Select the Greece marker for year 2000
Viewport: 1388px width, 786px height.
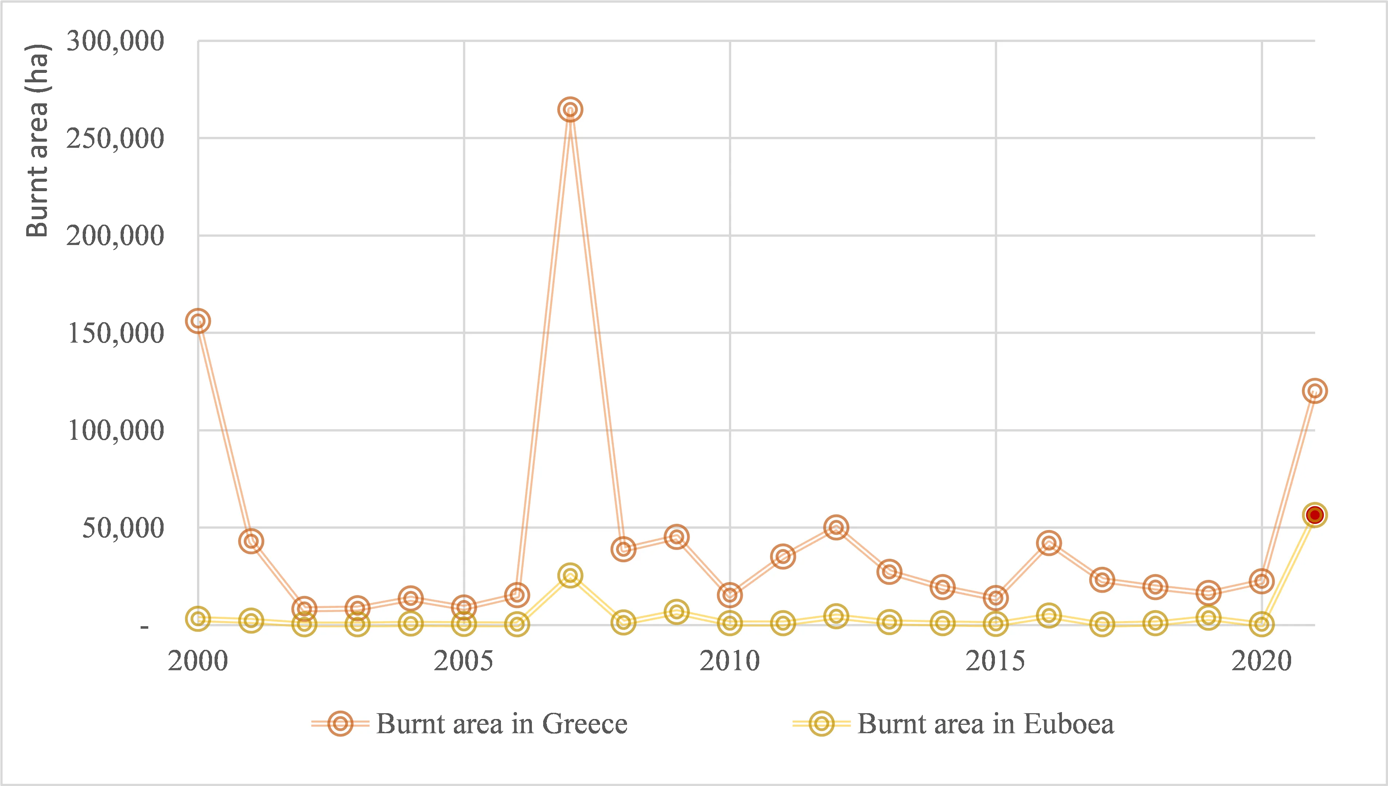tap(198, 321)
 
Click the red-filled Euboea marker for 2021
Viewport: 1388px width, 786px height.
tap(1314, 515)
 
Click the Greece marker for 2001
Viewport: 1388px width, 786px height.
tap(251, 541)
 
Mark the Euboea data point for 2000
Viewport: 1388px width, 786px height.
tap(198, 619)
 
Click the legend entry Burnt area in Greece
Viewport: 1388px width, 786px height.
tap(501, 724)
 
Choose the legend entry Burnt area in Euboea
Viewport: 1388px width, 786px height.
tap(985, 724)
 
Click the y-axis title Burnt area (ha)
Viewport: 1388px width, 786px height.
tap(38, 141)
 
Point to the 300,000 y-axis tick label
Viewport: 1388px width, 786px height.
tap(115, 41)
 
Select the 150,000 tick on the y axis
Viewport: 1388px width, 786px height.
tap(115, 333)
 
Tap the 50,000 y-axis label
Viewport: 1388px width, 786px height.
tap(123, 528)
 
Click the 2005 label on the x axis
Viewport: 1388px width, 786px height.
tap(463, 661)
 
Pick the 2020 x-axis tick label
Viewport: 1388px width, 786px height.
tap(1261, 661)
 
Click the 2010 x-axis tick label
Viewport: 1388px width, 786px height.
tap(730, 661)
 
